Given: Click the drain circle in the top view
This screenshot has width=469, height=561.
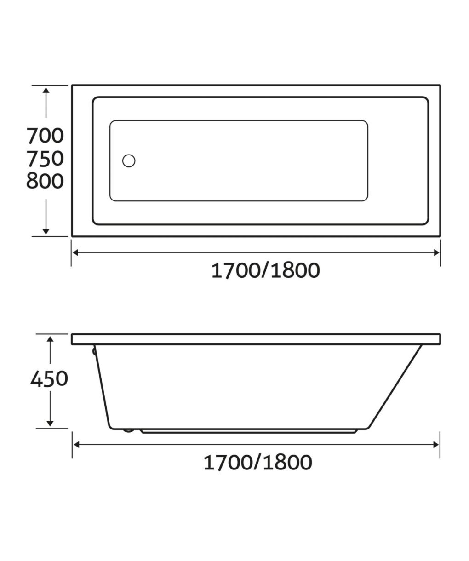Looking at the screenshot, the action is click(129, 160).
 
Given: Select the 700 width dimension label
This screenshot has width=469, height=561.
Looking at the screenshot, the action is click(45, 136).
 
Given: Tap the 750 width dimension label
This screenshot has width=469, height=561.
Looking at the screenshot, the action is click(45, 159).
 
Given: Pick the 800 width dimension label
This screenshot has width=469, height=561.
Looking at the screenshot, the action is click(45, 181).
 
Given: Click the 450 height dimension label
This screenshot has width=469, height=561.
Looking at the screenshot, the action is click(49, 378).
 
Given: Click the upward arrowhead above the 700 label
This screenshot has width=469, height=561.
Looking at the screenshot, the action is click(46, 90).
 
